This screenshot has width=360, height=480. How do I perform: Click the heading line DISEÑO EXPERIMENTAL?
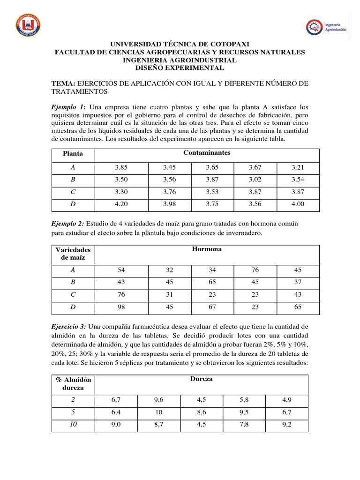180,68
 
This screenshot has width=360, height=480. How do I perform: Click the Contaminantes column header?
207,153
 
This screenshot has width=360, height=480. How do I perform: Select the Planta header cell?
73,153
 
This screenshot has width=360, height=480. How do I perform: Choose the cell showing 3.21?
298,166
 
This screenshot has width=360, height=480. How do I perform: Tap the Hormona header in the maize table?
207,249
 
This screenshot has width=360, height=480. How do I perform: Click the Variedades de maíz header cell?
73,253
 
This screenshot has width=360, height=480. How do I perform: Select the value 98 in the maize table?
121,307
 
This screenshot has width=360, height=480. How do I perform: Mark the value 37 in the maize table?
298,282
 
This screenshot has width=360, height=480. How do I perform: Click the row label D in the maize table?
73,307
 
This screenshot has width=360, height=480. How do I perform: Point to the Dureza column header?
202,379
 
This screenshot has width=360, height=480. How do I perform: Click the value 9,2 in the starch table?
286,425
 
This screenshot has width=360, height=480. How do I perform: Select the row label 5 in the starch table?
73,412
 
